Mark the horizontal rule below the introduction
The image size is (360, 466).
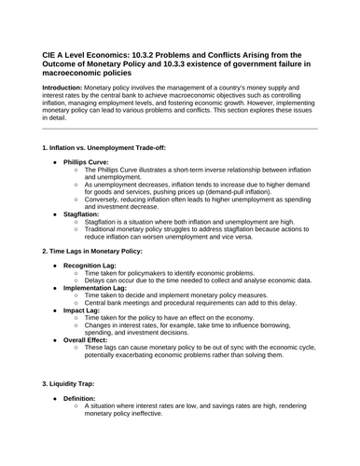180,130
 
